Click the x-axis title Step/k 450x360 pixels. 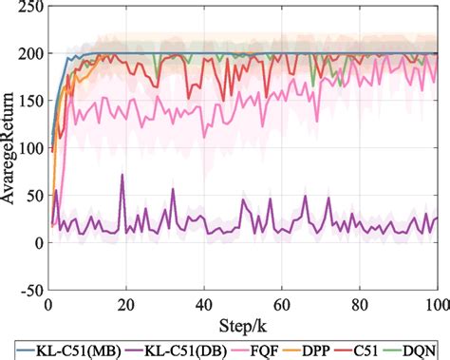click(242, 324)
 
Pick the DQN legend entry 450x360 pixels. click(425, 350)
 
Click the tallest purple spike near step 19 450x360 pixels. click(122, 175)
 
